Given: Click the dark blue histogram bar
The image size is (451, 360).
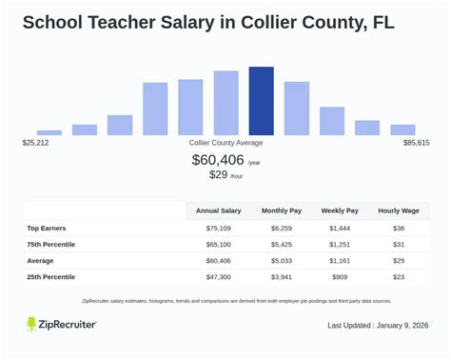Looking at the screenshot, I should (x=261, y=100).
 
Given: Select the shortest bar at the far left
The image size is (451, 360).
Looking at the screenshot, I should (x=49, y=131).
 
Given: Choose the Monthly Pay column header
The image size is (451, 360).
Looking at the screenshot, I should (x=281, y=210).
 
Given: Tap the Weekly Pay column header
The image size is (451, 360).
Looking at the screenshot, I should (x=340, y=210).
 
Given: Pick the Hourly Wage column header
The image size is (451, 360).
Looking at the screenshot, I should (x=399, y=210).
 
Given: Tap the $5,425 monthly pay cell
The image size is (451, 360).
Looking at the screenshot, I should (x=281, y=245).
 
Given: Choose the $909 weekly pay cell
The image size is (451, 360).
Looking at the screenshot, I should (x=340, y=276).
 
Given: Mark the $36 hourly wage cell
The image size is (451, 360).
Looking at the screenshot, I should (x=399, y=229).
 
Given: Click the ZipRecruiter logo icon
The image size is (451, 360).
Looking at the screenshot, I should (x=32, y=325).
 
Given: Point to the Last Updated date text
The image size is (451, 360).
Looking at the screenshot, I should (x=378, y=326).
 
